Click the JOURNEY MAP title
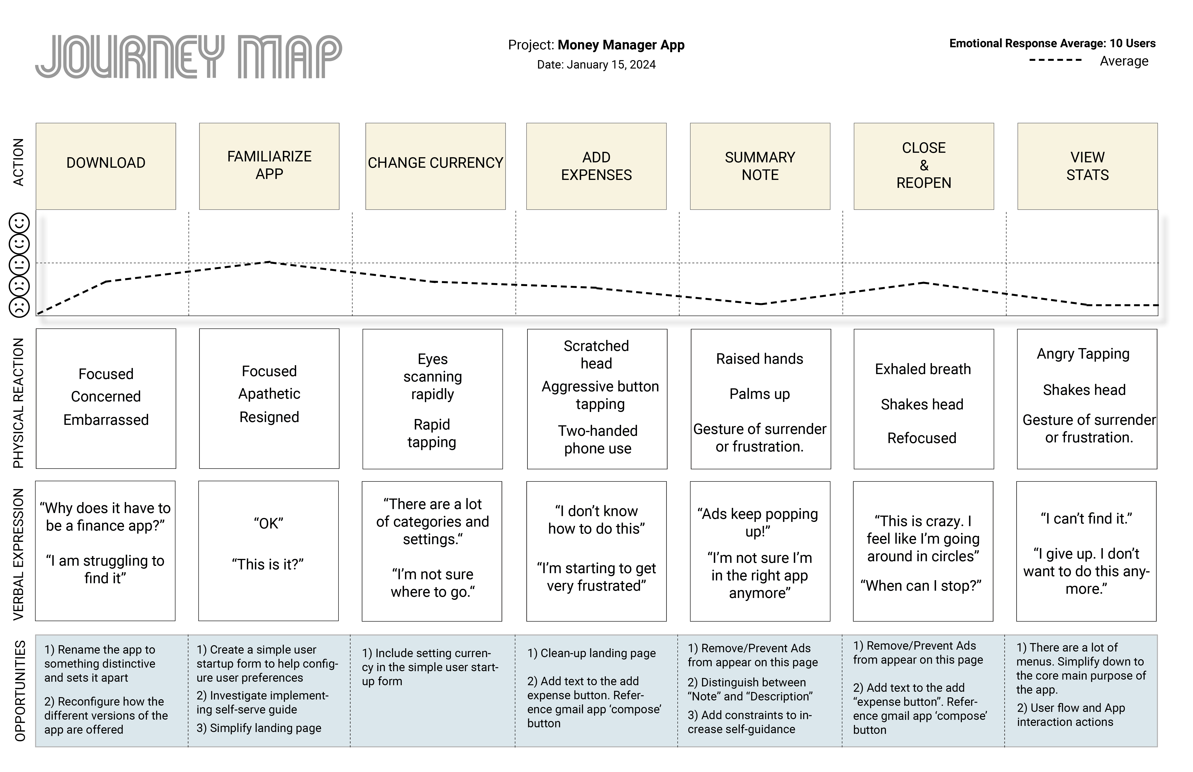coord(189,56)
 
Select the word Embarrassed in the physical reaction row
coord(106,420)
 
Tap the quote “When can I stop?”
coord(921,586)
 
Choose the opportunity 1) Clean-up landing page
coord(592,653)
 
